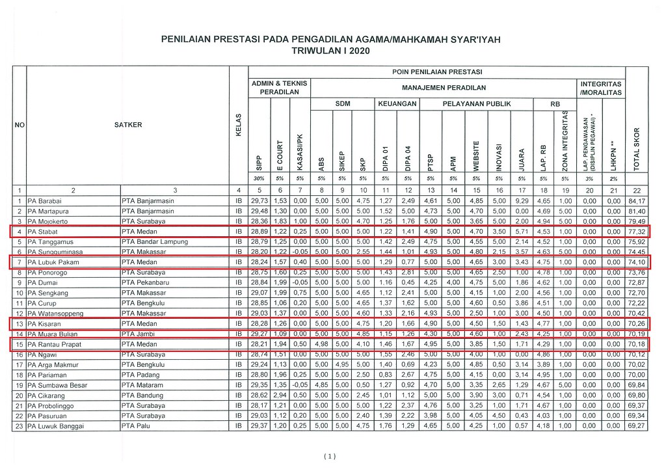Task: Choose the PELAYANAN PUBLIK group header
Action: tap(476, 103)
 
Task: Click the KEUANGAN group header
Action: tap(397, 103)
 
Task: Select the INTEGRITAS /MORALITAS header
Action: tap(601, 88)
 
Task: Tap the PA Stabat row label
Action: tap(43, 232)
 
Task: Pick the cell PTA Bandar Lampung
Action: tap(154, 241)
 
